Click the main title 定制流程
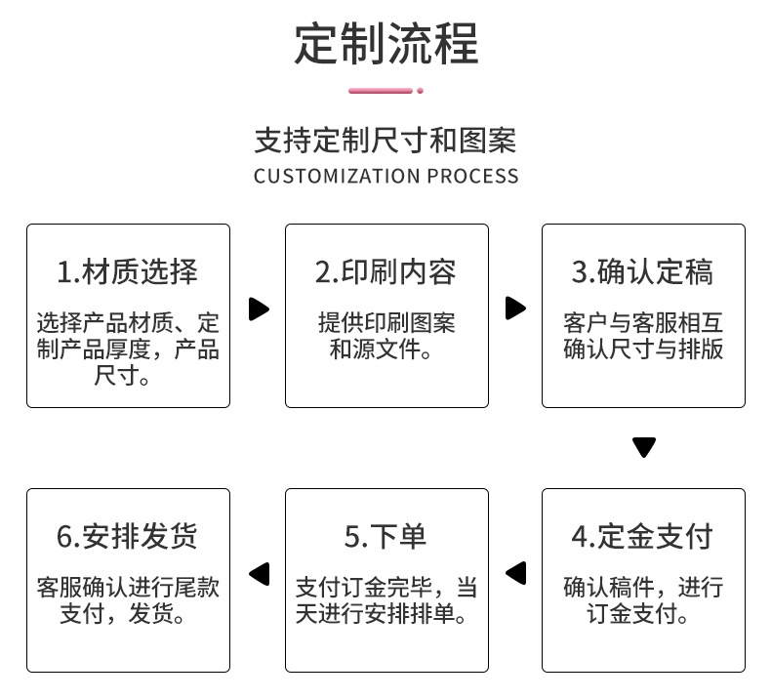coord(386,43)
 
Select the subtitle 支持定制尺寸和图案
coord(385,141)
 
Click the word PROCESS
coord(473,177)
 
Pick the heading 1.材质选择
coord(127,272)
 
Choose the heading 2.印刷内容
coord(385,272)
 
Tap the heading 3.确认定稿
coord(643,272)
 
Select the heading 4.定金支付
coord(643,536)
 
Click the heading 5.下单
coord(385,536)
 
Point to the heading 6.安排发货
coord(127,536)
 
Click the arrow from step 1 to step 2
coord(259,309)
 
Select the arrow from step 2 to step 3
coord(515,308)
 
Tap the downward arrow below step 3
coord(643,448)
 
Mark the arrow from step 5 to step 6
coord(259,574)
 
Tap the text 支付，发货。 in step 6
coord(127,614)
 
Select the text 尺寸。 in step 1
coord(124,376)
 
